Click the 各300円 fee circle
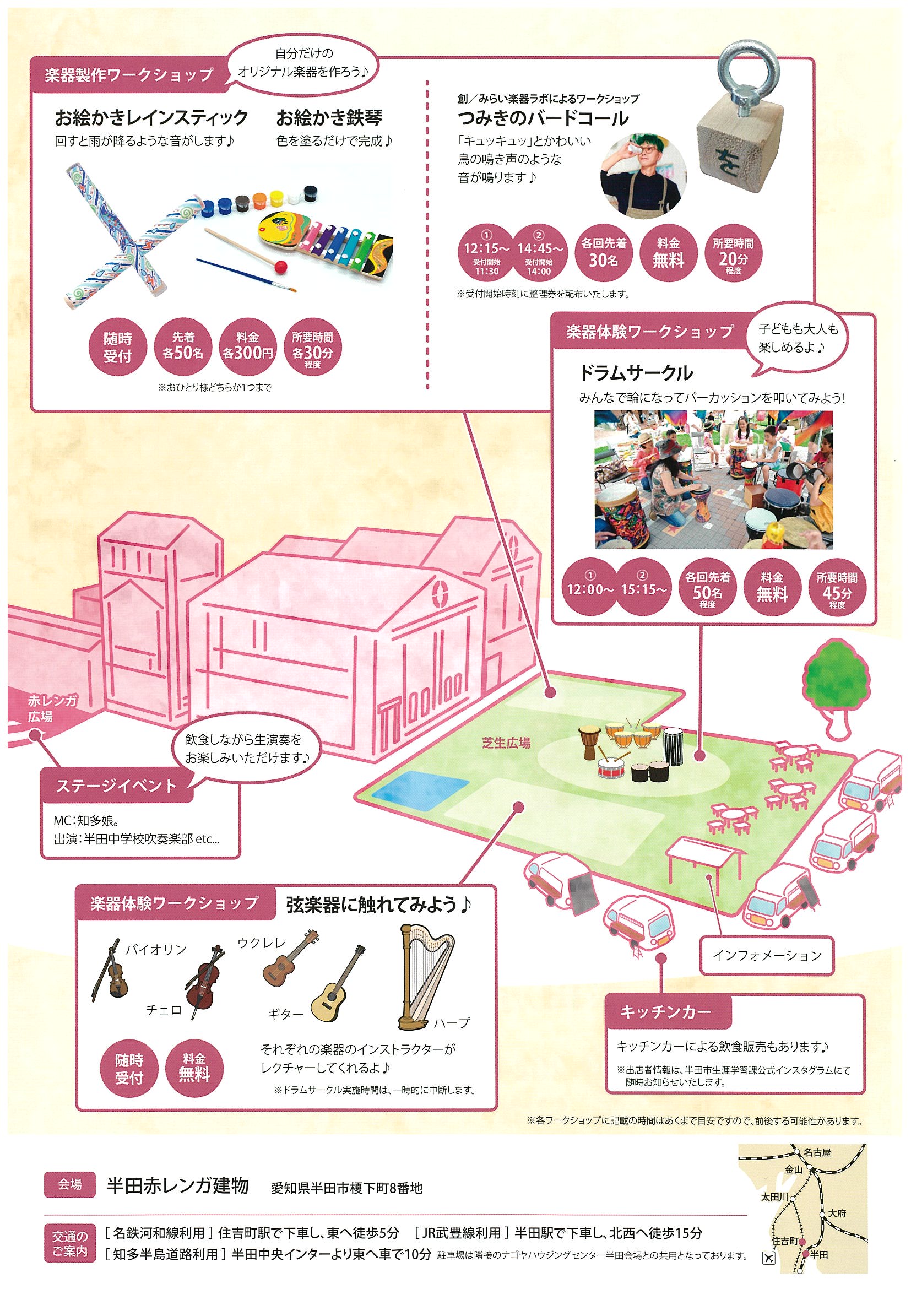(x=247, y=346)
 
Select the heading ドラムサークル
(x=636, y=373)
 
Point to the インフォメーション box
(x=767, y=955)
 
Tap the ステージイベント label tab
(x=116, y=786)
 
